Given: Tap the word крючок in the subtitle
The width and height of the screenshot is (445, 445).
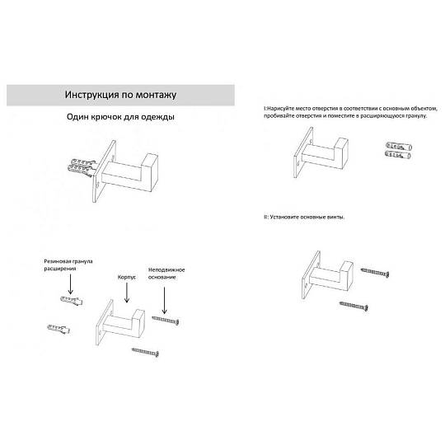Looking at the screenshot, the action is [x=106, y=117].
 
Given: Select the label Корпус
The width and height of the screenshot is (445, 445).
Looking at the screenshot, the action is [x=127, y=277].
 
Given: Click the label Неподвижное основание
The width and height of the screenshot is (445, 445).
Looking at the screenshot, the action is [x=166, y=274].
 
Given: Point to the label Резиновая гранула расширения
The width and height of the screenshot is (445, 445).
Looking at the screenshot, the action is [x=68, y=265].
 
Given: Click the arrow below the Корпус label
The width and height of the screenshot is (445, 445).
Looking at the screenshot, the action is [x=127, y=293].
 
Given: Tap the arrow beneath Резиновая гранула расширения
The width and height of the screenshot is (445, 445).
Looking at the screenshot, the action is [x=70, y=284].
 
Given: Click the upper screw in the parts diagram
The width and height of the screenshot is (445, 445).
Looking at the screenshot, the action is [x=165, y=320].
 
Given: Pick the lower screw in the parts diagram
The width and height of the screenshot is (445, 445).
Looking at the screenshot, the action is [x=145, y=352].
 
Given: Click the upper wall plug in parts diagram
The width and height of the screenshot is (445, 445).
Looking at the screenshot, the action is [x=72, y=300].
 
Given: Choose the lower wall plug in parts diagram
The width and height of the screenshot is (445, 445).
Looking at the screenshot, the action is [x=59, y=329].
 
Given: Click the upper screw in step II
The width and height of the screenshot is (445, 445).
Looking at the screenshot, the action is [x=375, y=272].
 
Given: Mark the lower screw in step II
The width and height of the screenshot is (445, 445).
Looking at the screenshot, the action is [x=354, y=306].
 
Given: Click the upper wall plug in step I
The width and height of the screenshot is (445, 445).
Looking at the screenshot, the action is [x=399, y=147].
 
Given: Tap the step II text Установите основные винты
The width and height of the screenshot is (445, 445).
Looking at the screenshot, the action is [x=307, y=217].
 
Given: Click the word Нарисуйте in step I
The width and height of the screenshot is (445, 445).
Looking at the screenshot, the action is [x=280, y=109].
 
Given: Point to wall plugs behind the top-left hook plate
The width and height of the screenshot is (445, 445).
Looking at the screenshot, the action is [x=81, y=167].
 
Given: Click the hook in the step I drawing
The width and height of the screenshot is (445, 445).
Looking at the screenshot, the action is [x=321, y=152].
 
